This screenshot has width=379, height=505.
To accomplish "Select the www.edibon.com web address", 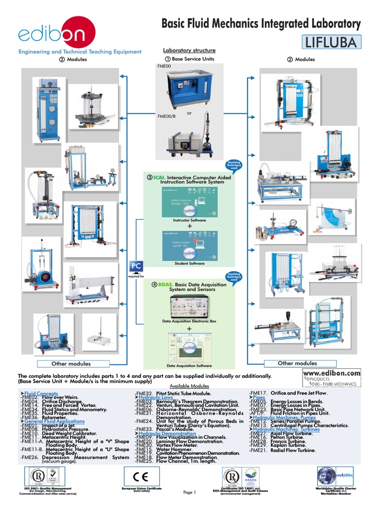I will pyautogui.click(x=332, y=373).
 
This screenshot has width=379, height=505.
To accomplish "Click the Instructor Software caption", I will pyautogui.click(x=189, y=220).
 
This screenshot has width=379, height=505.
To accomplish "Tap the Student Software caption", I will pyautogui.click(x=189, y=263).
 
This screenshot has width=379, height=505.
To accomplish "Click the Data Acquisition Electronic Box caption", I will pyautogui.click(x=189, y=321).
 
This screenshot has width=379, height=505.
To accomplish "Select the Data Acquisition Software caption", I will pyautogui.click(x=189, y=366).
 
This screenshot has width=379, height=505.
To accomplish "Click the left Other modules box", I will pyautogui.click(x=72, y=363).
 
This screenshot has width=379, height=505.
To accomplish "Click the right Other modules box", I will pyautogui.click(x=297, y=363).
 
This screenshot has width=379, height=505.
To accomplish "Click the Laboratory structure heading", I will pyautogui.click(x=182, y=50).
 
